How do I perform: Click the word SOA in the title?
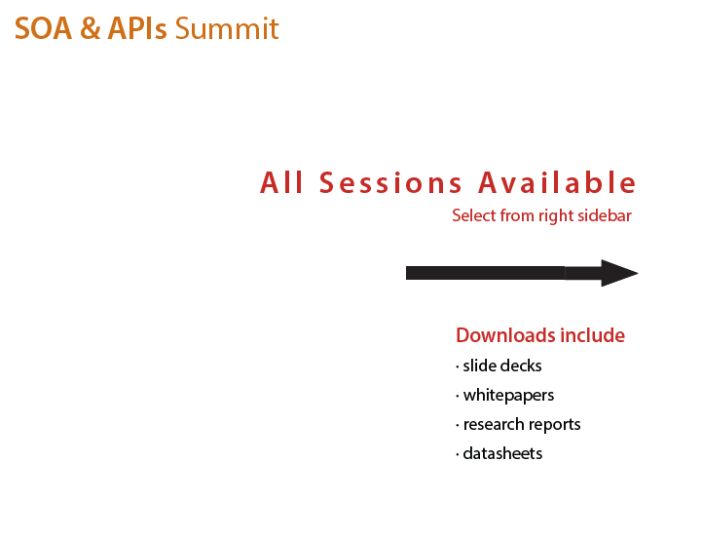pos(43,28)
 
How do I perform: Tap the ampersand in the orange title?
pos(91,28)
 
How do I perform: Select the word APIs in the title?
pos(137,28)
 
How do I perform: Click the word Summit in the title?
pos(227,28)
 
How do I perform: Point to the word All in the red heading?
pos(281,182)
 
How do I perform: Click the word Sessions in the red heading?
pos(390,182)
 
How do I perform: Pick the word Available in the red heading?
pos(557,182)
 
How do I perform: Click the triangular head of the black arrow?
pos(619,273)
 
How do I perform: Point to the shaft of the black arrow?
pos(503,273)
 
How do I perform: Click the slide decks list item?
pos(502,366)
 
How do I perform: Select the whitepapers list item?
pos(508,396)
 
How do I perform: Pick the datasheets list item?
pos(502,454)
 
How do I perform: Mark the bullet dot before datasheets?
pos(458,455)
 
